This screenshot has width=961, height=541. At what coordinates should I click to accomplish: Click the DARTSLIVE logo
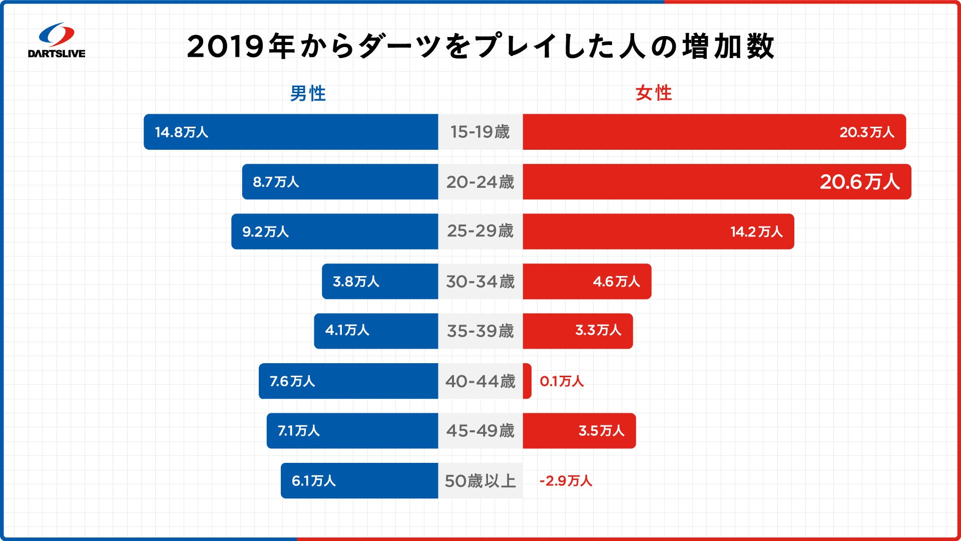coord(57,41)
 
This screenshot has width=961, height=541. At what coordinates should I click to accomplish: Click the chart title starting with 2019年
coord(480,47)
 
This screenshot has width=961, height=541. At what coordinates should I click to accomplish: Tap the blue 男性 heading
coord(308,94)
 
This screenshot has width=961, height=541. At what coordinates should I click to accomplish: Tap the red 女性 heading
coord(653,93)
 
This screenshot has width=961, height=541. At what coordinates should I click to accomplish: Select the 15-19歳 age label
coord(480,132)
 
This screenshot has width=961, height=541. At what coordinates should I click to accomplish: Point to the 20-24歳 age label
coord(480,182)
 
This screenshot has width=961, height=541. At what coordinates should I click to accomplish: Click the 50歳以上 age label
coord(480,481)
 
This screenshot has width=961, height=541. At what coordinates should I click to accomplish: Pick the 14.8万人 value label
coord(181,132)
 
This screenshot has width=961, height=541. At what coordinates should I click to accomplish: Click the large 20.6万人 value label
coord(859,182)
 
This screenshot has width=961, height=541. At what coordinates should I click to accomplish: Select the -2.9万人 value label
coord(566,481)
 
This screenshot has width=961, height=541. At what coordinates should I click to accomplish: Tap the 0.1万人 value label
coord(562,381)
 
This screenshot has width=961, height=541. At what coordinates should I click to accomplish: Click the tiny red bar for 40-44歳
coord(527,381)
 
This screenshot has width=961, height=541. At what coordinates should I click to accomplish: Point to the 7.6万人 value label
coord(292,381)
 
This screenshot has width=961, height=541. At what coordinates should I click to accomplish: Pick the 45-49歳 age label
coord(480,431)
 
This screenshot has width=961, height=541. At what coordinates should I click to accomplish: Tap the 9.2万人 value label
coord(265,231)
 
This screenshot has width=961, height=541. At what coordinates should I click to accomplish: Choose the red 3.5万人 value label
coord(601,431)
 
